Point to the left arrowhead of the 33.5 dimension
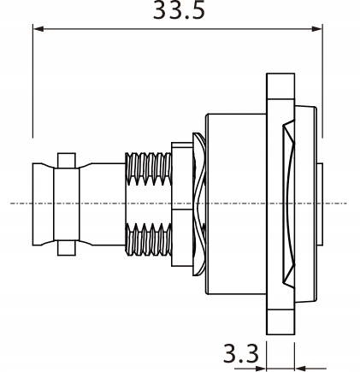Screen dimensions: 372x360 click(x=38, y=29)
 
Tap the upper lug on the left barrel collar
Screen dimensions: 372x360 click(x=66, y=160)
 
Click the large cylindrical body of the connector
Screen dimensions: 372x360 click(x=235, y=204)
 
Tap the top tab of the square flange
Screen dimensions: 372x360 click(x=280, y=86)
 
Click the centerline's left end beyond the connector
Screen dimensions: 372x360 click(x=17, y=204)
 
